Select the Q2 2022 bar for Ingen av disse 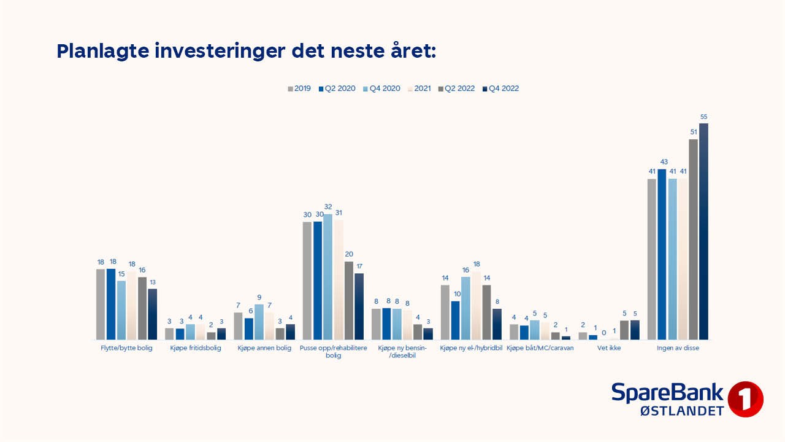coord(694,239)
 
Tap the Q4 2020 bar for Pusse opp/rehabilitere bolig coord(328,277)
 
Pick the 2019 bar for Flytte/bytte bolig coord(101,304)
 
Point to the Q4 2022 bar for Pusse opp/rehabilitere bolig coord(359,306)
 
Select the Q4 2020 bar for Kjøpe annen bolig coord(259,322)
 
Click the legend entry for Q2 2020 coord(337,88)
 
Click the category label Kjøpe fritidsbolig coord(196,349)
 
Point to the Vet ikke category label coord(609,349)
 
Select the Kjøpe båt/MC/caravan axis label coord(540,349)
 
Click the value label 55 coord(703,117)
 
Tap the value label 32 coord(328,207)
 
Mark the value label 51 coord(694,132)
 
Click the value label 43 coord(662,162)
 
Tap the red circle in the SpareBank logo coord(745,399)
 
